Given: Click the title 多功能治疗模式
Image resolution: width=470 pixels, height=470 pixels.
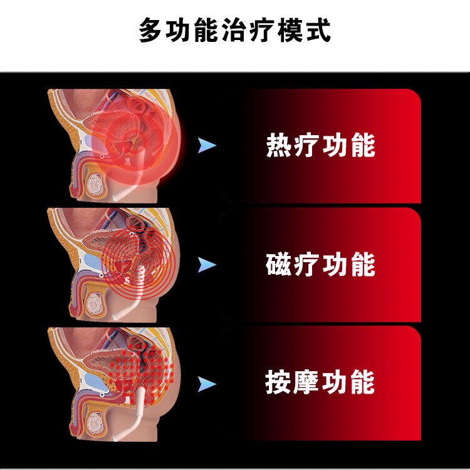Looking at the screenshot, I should pyautogui.click(x=234, y=30).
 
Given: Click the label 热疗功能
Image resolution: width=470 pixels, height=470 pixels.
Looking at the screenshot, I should pyautogui.click(x=320, y=146).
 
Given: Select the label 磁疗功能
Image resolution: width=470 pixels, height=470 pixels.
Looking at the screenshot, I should pyautogui.click(x=320, y=264).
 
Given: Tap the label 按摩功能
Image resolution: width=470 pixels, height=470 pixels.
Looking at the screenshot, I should pyautogui.click(x=320, y=382).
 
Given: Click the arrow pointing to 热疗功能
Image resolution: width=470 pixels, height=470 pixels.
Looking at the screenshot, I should pyautogui.click(x=207, y=146).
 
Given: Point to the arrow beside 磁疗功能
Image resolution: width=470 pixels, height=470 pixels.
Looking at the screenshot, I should pyautogui.click(x=207, y=265).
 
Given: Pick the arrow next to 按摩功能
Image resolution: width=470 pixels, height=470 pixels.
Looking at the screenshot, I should pyautogui.click(x=207, y=383).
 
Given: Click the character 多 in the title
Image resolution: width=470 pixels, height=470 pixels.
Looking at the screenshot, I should pyautogui.click(x=151, y=30).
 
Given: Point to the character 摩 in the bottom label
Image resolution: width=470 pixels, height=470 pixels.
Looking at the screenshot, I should pyautogui.click(x=306, y=382).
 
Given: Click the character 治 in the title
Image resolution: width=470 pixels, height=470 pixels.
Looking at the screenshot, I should pyautogui.click(x=234, y=30).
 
